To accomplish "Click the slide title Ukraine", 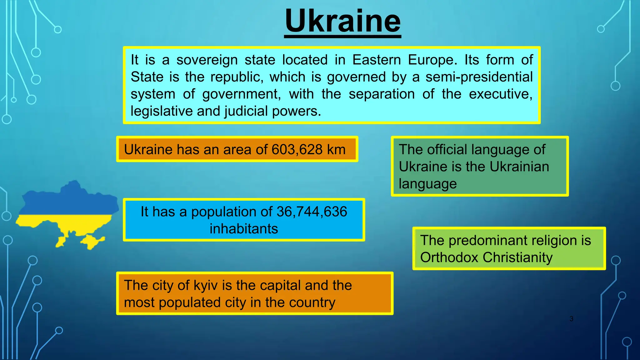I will click(x=342, y=21).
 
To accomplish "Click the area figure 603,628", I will click(x=297, y=149).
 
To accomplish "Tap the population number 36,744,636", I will click(x=312, y=212).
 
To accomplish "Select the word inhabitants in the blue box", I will click(x=244, y=229).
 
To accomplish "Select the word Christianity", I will click(x=517, y=257).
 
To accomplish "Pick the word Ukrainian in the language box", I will click(x=519, y=167).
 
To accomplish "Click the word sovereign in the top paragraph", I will click(x=207, y=60).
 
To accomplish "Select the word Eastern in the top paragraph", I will click(x=377, y=60).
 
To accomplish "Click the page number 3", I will click(x=571, y=319).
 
